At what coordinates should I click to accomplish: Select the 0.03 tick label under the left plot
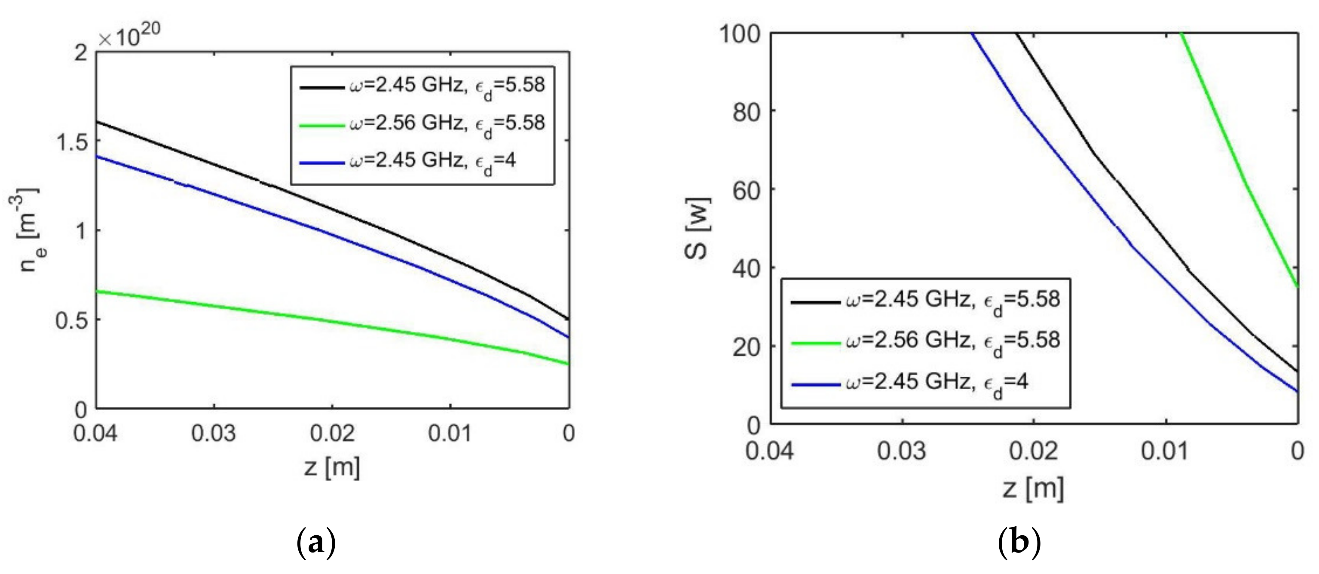tap(214, 434)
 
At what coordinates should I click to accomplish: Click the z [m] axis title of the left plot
tap(332, 467)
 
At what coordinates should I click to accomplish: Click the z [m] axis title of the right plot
tap(1033, 488)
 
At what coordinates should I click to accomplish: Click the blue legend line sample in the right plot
tap(815, 384)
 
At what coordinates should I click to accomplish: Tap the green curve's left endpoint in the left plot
tap(97, 292)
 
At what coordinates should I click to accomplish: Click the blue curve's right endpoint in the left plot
tap(568, 338)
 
